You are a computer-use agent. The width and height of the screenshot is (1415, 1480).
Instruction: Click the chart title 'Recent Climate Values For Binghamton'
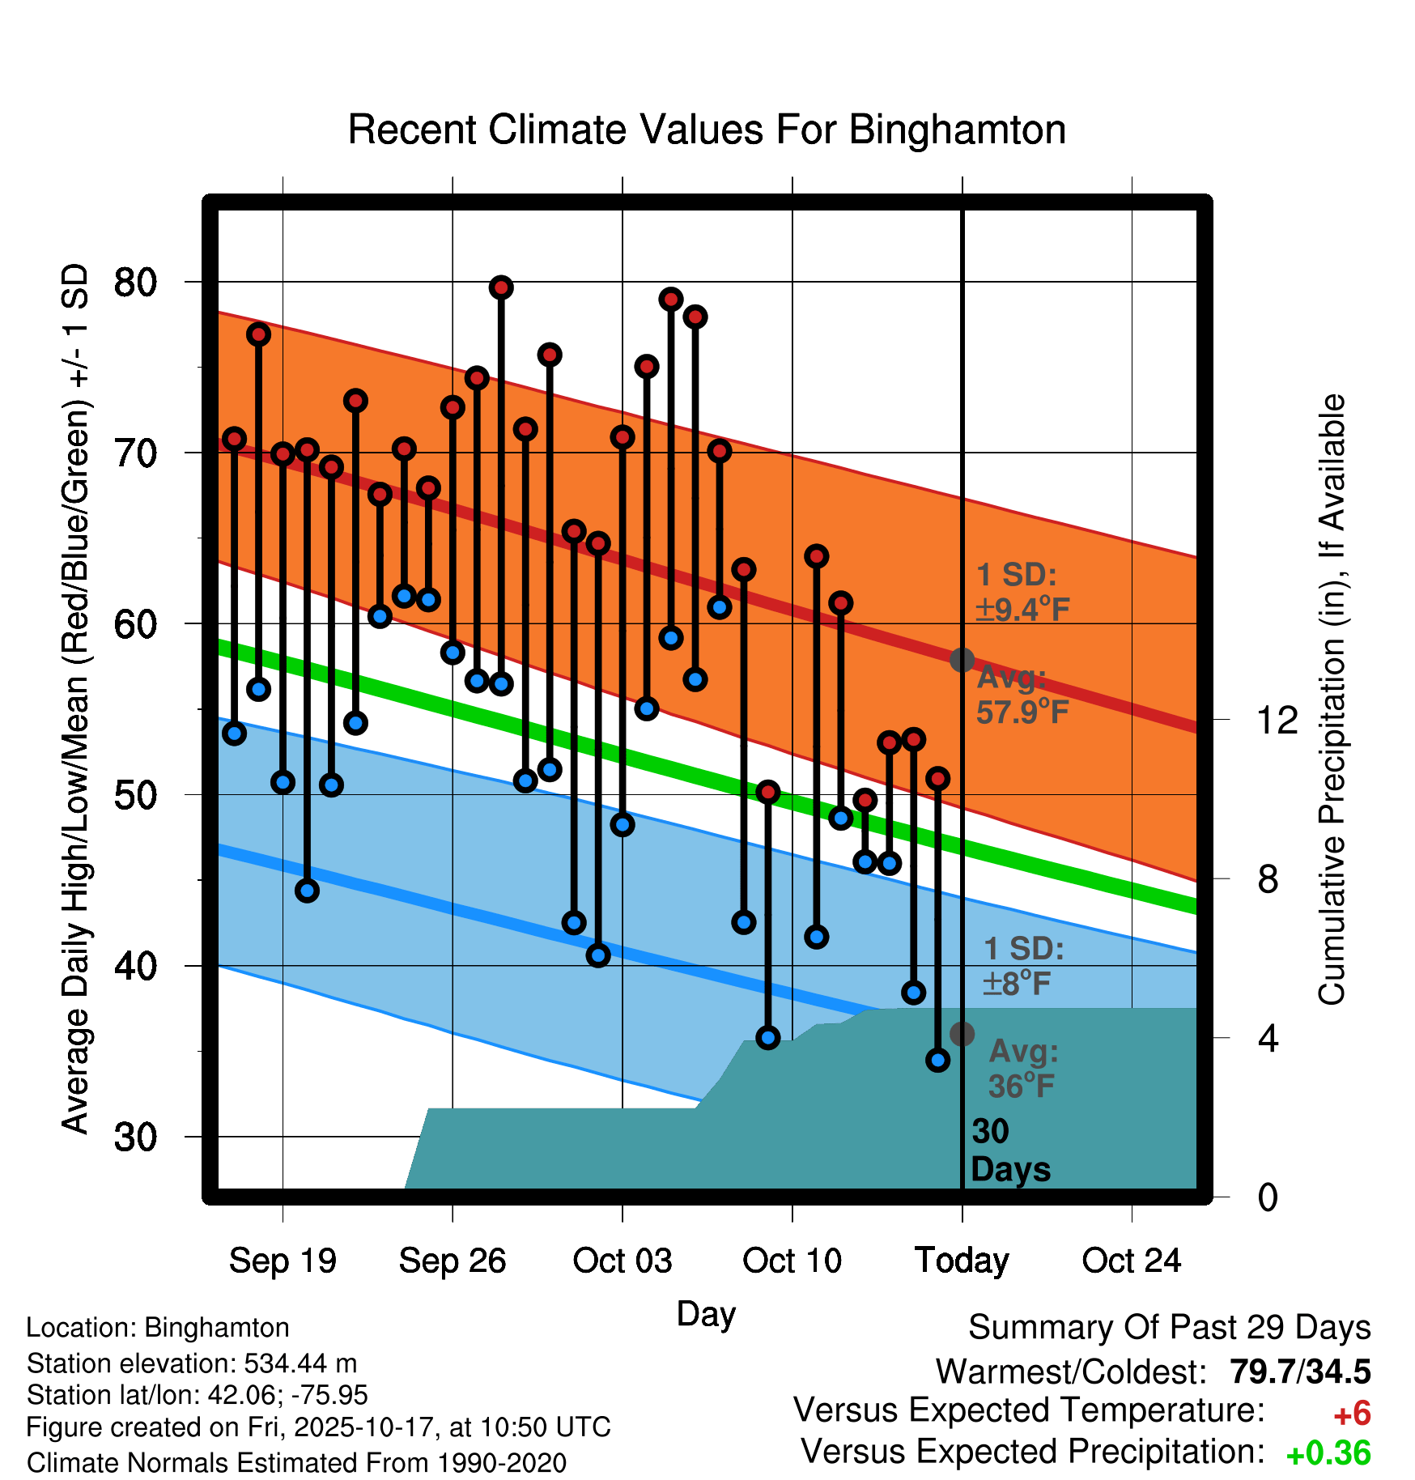click(707, 130)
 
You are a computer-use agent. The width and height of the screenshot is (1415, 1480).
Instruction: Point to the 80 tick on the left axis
click(135, 283)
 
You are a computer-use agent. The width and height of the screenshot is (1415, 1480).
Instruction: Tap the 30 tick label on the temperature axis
click(135, 1137)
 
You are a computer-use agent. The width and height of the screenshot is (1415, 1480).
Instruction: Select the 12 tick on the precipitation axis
click(1277, 720)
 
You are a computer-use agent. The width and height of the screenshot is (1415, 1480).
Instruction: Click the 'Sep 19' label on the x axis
click(283, 1261)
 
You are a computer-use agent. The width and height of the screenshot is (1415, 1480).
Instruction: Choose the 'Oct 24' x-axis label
click(1132, 1261)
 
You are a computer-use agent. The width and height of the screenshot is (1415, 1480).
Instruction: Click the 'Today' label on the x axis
click(962, 1261)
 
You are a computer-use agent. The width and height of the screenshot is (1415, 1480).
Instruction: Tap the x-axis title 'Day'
click(706, 1313)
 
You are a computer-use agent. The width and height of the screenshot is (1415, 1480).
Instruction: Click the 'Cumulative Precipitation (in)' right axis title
click(1332, 700)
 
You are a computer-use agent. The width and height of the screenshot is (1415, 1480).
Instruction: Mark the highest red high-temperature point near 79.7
click(501, 287)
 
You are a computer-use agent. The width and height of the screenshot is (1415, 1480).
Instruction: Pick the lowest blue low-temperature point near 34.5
click(938, 1060)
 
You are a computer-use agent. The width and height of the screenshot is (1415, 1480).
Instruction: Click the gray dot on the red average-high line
click(962, 660)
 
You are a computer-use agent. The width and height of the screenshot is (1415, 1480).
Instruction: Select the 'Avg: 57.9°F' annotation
click(1022, 695)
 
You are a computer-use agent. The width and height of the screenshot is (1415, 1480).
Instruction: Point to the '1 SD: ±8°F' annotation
click(1023, 966)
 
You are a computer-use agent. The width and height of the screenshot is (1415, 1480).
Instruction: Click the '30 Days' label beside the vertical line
click(1009, 1150)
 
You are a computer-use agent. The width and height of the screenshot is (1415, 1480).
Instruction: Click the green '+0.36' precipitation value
click(1328, 1454)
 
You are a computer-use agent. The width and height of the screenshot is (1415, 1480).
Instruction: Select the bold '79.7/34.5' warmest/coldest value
click(1300, 1372)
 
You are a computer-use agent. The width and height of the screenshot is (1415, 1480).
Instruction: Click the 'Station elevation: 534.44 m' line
click(192, 1363)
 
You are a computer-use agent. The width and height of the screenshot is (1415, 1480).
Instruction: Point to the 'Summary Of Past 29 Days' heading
click(1169, 1328)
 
